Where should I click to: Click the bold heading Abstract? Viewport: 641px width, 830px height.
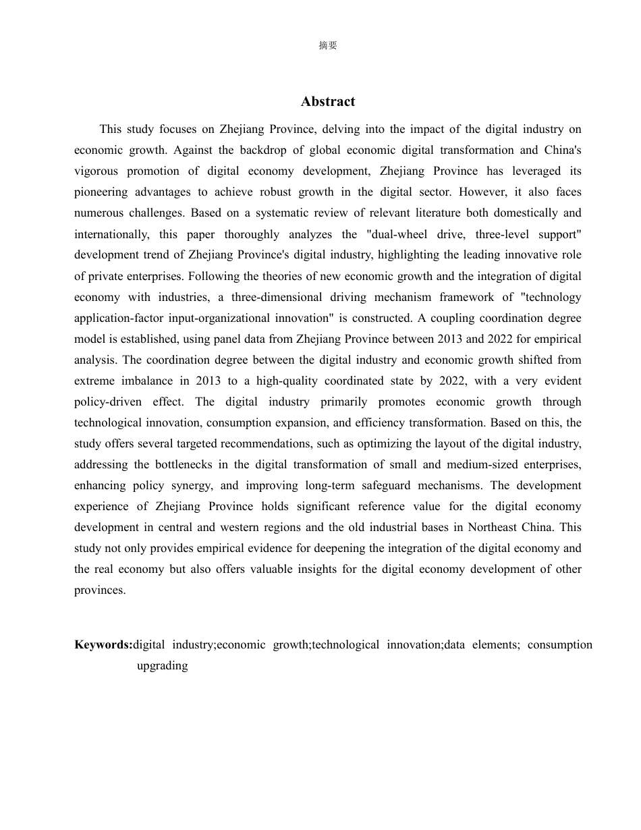328,102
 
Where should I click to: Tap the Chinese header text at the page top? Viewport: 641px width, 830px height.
328,45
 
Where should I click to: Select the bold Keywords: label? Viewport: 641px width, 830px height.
103,644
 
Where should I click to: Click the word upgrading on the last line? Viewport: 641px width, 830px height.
162,665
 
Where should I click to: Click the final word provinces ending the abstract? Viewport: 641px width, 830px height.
99,590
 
